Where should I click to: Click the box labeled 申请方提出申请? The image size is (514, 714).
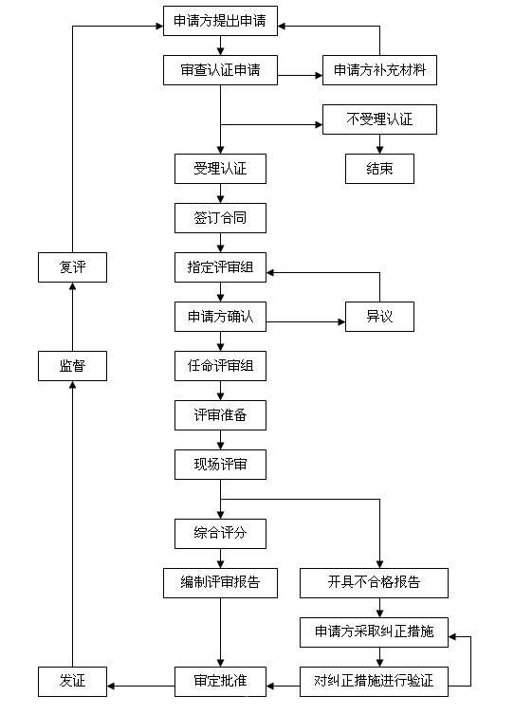point(220,21)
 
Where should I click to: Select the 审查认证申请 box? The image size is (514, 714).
point(220,70)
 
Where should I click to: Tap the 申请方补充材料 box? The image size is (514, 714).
point(379,70)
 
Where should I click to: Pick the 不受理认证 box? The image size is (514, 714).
point(379,119)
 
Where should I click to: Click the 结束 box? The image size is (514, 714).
point(379,169)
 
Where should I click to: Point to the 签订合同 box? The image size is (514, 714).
point(220,218)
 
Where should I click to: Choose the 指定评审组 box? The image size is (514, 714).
point(220,267)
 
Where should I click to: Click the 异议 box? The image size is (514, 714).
point(379,317)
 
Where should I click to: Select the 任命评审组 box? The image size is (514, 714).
point(220,366)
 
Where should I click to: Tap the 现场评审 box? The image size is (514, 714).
point(220,465)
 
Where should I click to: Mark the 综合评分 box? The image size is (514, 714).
point(220,534)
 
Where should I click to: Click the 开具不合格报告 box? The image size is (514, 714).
point(374,583)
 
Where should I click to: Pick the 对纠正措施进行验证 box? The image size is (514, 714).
point(374,682)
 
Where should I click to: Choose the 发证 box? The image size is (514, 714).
point(72,682)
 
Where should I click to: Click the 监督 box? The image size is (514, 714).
point(72,366)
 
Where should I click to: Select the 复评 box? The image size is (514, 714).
point(72,267)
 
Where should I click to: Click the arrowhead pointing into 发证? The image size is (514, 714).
point(111,686)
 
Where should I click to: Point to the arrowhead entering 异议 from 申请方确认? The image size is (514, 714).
point(342,322)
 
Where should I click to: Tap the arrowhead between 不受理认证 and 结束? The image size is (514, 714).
point(379,150)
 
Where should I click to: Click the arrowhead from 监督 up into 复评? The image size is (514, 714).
point(72,286)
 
